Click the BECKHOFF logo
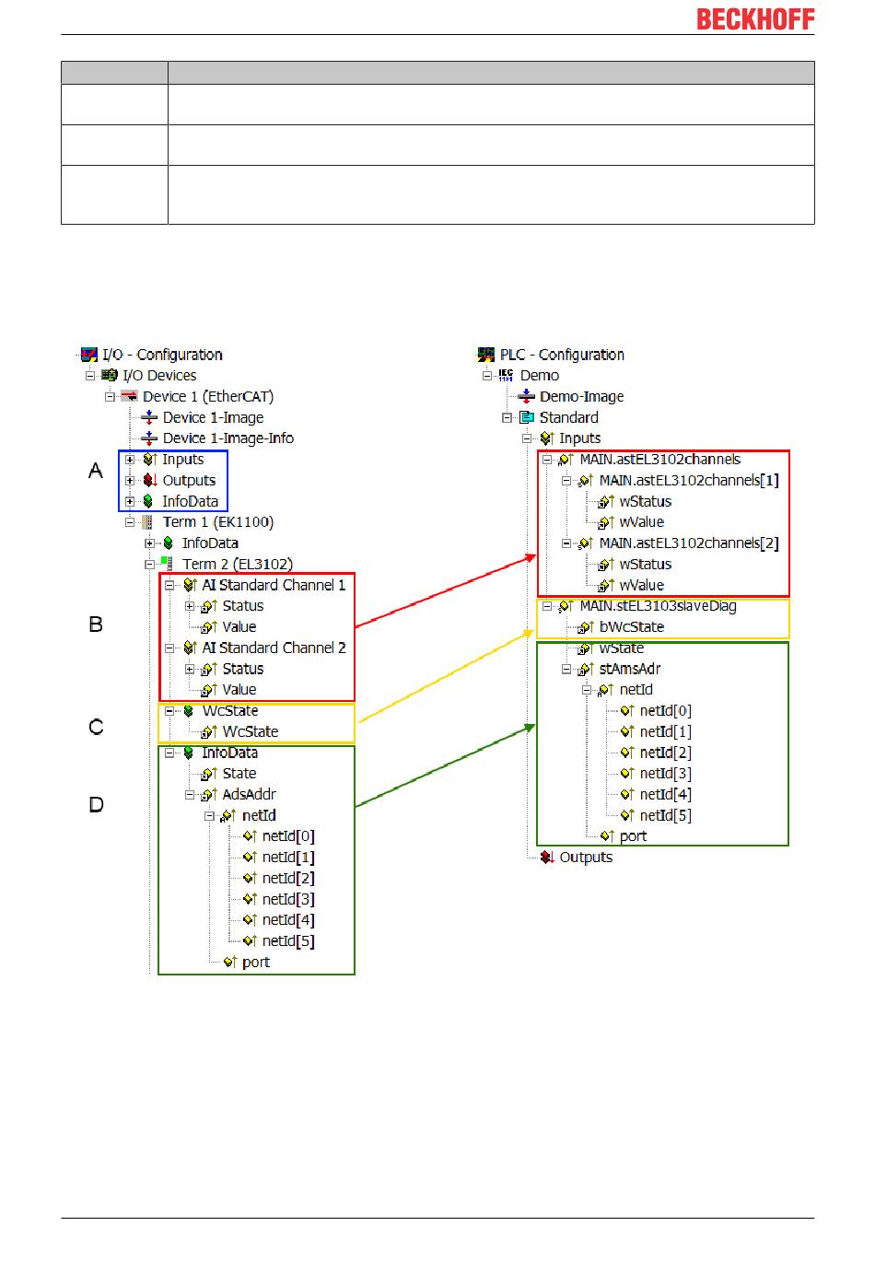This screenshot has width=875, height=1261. [755, 19]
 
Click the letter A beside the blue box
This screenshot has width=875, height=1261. [96, 470]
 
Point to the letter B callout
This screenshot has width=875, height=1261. [96, 624]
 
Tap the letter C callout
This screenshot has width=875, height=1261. [97, 727]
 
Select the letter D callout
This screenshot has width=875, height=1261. [97, 804]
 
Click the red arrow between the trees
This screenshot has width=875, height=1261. [446, 590]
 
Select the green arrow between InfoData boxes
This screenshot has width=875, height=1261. [445, 765]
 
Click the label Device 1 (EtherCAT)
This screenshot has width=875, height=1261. [208, 396]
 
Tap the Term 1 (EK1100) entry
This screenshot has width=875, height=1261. [218, 522]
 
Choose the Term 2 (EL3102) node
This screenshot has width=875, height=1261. [238, 564]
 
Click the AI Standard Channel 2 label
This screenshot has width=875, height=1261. [274, 648]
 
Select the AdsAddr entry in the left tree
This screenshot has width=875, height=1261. [249, 794]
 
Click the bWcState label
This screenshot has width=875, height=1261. [631, 626]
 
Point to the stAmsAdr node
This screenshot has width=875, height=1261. [629, 669]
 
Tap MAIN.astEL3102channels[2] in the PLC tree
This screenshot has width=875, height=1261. [689, 543]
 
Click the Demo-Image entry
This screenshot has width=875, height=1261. [581, 396]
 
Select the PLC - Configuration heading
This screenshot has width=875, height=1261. [562, 355]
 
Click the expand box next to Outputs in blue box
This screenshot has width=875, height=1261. [130, 480]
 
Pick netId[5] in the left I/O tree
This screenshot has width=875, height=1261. [288, 940]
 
